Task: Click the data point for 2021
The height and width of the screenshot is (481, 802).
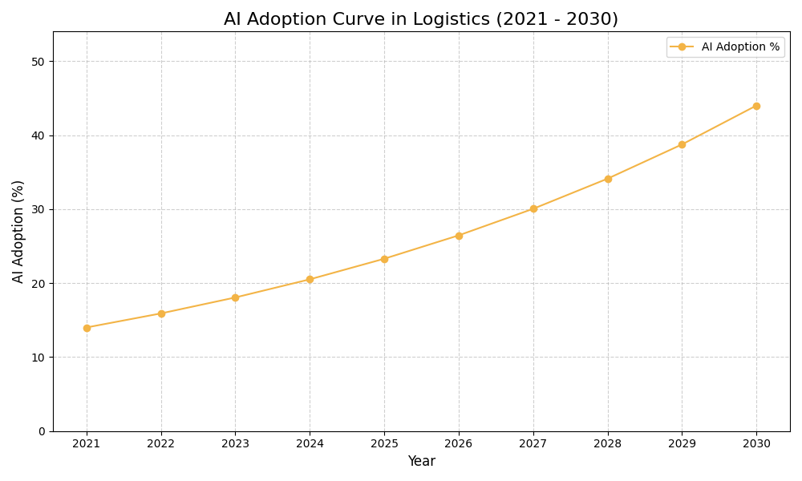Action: click(x=87, y=328)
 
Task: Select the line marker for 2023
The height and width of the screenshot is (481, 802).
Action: click(x=235, y=297)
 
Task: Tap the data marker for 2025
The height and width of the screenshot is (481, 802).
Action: click(x=384, y=259)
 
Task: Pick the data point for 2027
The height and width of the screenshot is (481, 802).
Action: click(x=533, y=208)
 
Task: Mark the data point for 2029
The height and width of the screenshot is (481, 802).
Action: click(x=682, y=144)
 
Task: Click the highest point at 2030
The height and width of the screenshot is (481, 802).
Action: click(x=756, y=106)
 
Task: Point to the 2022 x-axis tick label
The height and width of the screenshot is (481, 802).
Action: click(x=161, y=443)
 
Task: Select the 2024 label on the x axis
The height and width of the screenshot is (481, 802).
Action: click(x=310, y=443)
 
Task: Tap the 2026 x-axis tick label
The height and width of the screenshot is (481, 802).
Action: click(x=459, y=443)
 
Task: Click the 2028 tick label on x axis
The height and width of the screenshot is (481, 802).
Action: click(x=608, y=443)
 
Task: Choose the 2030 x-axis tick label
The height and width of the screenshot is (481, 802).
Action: click(x=756, y=443)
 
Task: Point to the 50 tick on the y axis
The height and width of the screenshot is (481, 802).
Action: click(x=38, y=62)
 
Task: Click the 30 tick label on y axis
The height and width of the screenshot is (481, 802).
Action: click(x=38, y=209)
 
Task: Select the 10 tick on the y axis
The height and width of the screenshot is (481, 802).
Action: click(x=38, y=358)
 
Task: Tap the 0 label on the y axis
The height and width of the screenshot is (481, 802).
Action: click(x=42, y=431)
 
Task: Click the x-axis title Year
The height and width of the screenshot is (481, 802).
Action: click(x=421, y=462)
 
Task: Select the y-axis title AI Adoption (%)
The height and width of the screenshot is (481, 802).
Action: click(x=18, y=231)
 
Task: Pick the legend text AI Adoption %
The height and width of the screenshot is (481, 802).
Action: click(x=740, y=47)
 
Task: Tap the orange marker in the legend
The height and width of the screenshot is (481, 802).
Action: click(x=682, y=47)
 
